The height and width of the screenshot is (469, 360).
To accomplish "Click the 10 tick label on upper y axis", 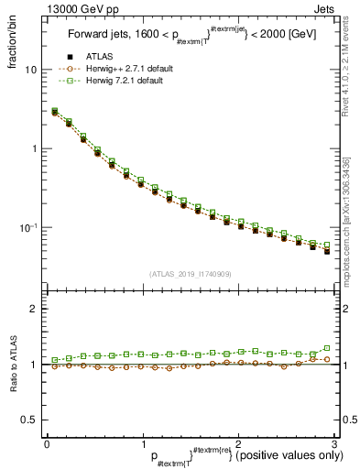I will pos(31,70).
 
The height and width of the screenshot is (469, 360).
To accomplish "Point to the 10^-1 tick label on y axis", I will pos(28,227).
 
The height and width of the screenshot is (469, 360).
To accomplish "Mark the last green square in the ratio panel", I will pos(326,348).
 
